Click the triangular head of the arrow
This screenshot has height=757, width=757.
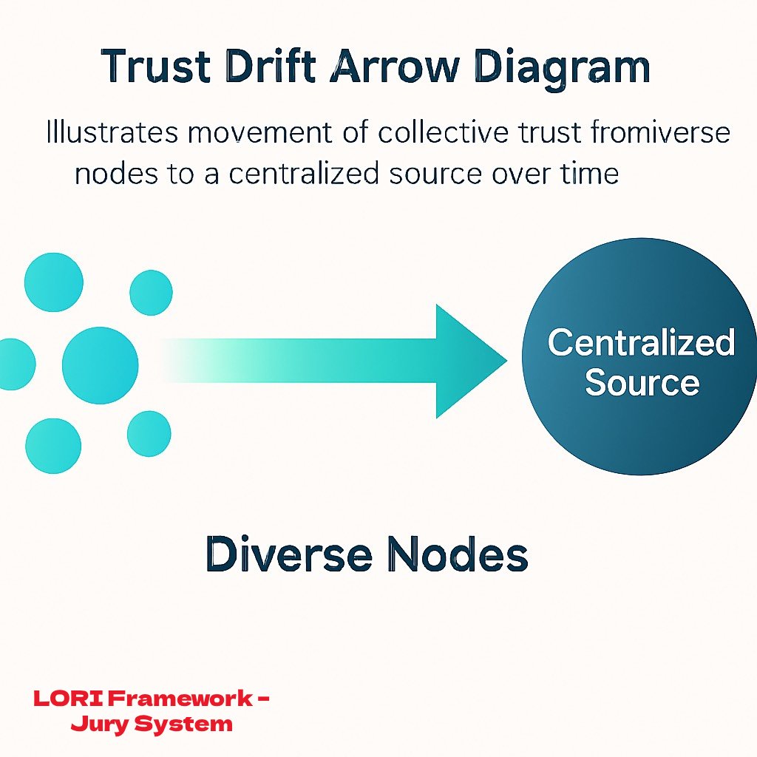coord(466,361)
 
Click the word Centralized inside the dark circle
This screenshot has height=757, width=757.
coord(641,343)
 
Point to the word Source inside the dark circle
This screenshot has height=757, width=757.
coord(641,383)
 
